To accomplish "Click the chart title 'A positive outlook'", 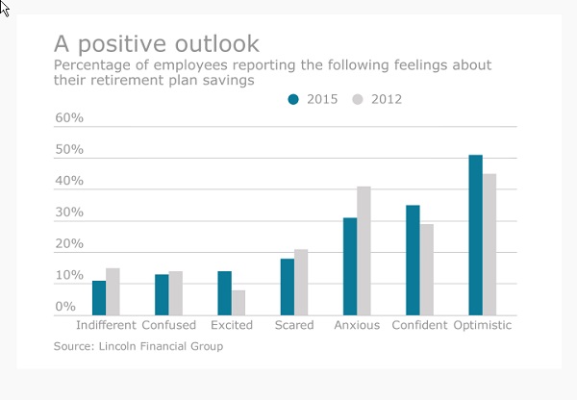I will [156, 43].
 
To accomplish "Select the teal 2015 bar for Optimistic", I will [475, 235].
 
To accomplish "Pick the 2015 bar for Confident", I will [413, 260].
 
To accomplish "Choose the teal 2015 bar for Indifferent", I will [99, 297].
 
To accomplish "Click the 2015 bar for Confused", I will [162, 294].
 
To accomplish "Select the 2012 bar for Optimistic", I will [489, 244].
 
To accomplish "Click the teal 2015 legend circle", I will [294, 99].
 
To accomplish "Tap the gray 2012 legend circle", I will [359, 99].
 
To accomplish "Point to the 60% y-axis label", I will [70, 118].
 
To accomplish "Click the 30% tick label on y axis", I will [70, 212].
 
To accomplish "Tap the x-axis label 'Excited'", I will [232, 326].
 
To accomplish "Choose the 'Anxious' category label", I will [357, 326].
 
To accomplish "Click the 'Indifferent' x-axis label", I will [106, 326].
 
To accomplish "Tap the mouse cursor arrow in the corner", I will [5, 8].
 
